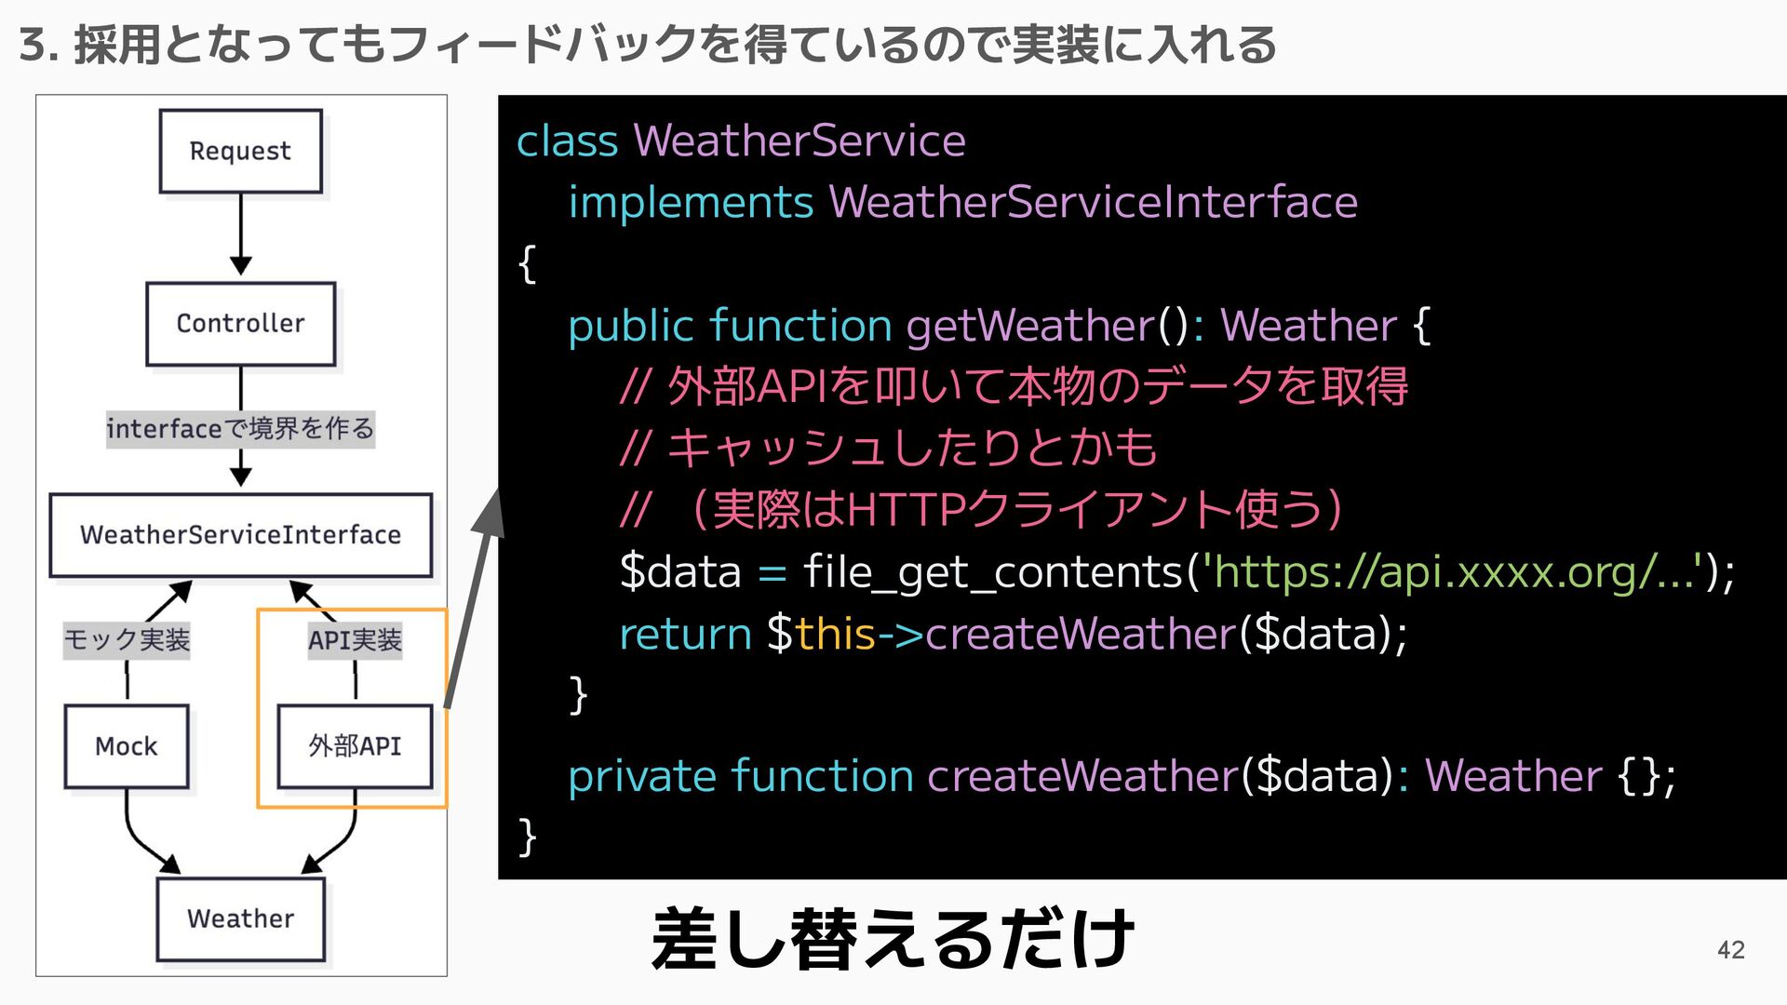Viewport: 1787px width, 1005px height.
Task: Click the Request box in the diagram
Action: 240,151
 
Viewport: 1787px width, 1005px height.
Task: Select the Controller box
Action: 240,323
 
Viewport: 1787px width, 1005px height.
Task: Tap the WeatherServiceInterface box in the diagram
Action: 240,535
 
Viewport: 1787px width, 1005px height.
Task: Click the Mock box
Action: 127,746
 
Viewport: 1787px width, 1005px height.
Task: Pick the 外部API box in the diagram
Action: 355,746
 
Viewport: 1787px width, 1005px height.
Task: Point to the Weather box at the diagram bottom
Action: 240,918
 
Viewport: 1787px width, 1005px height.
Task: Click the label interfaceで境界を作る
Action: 240,429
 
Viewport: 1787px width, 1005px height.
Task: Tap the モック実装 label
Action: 127,640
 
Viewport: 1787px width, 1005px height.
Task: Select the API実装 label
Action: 355,640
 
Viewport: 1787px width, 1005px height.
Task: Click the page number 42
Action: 1730,949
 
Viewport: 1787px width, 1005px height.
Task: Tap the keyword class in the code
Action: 567,141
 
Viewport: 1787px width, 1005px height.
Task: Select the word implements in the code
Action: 691,203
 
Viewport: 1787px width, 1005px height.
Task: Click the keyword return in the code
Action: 685,635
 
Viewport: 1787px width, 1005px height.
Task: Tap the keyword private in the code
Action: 641,776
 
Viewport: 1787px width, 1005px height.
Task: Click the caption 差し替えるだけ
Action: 893,940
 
